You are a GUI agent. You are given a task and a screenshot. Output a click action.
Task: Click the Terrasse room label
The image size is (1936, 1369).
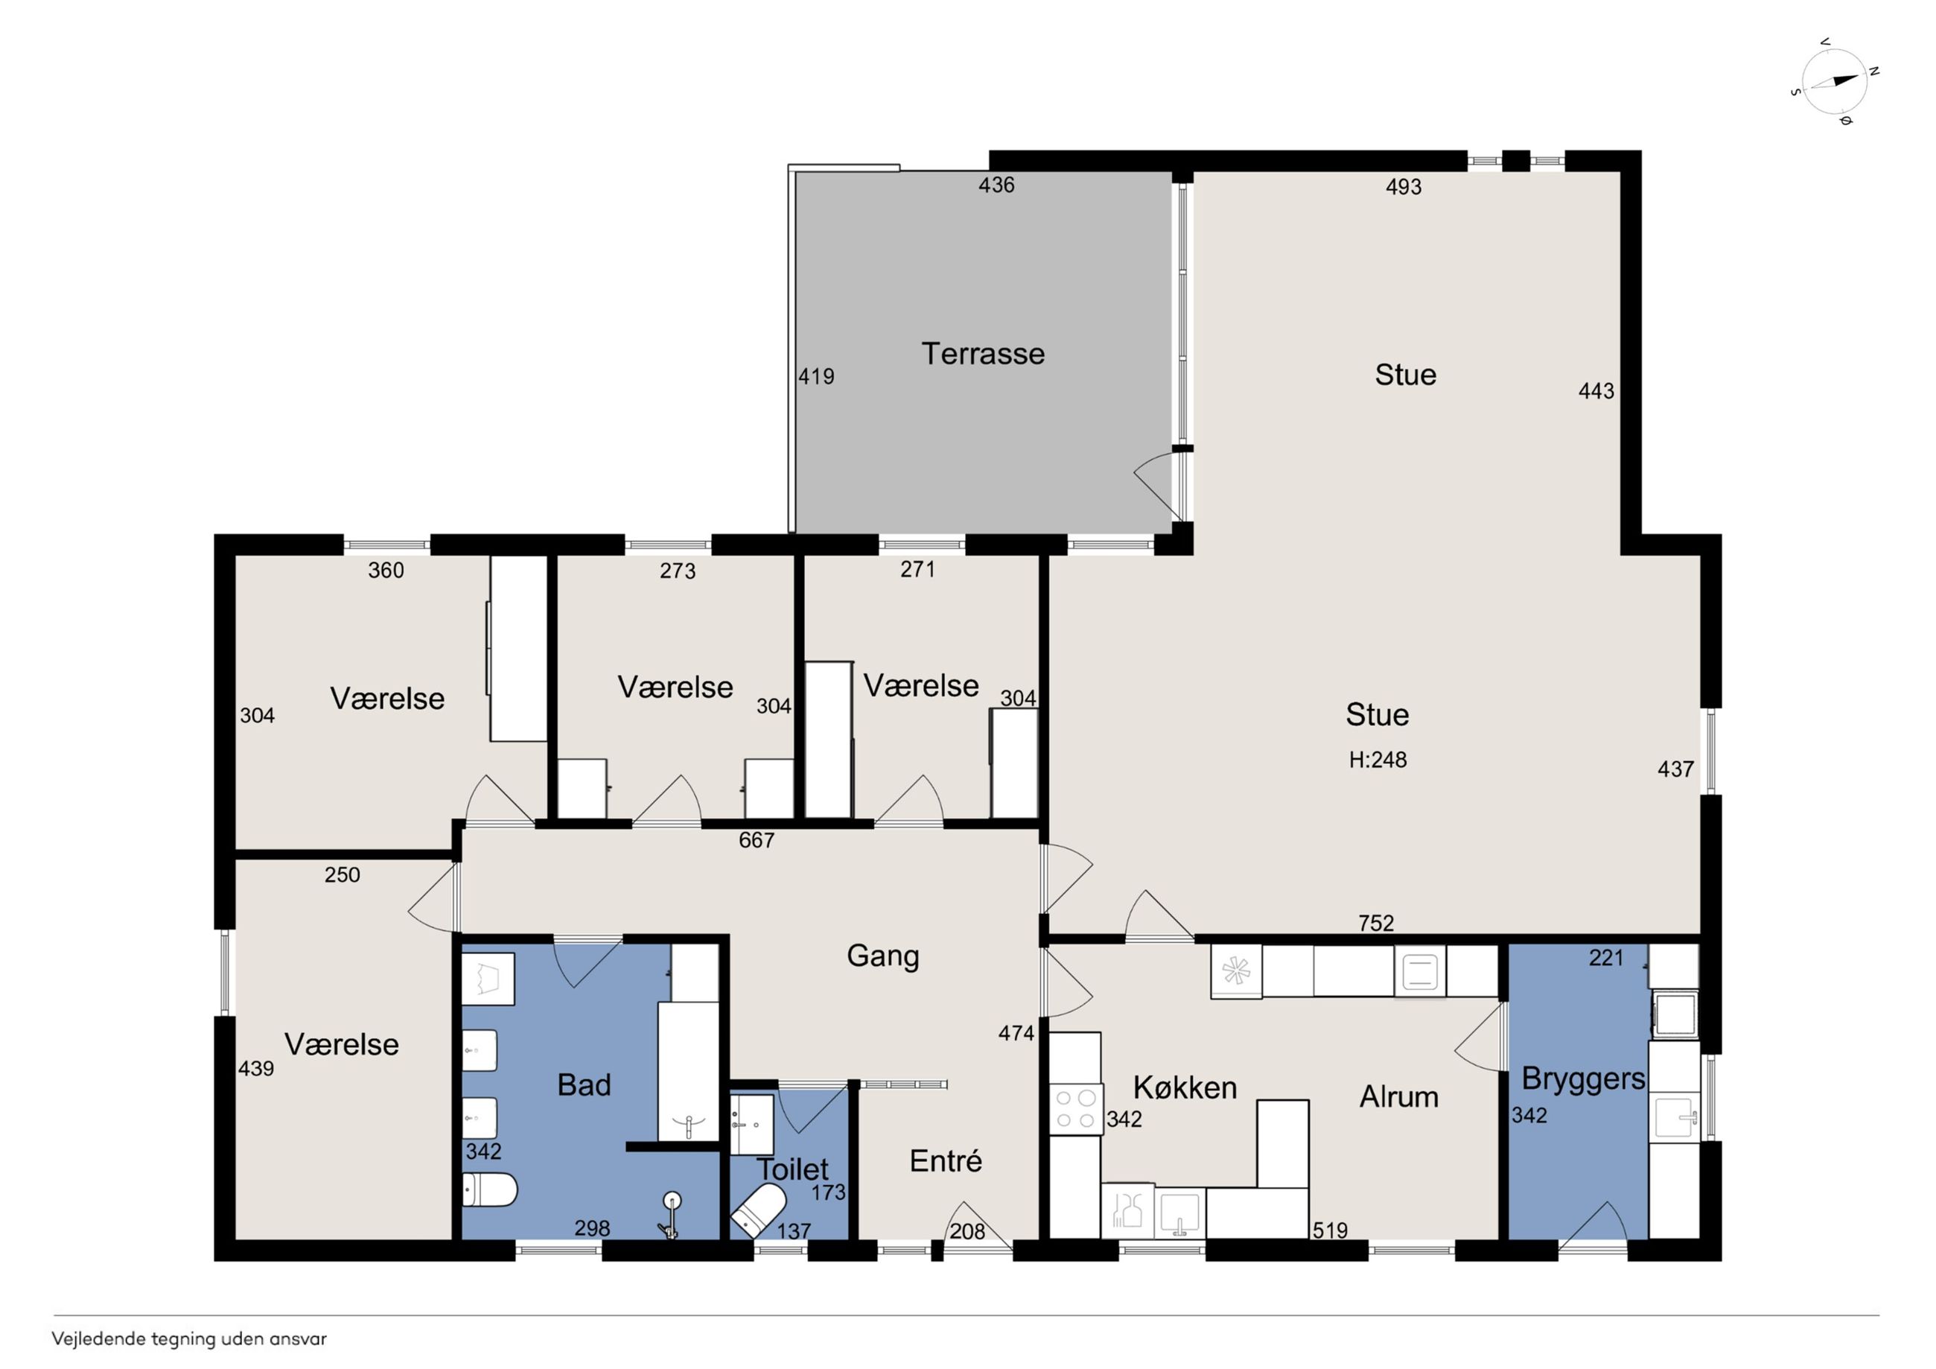click(982, 354)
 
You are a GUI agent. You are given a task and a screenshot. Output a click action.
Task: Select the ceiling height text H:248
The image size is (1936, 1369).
click(1378, 760)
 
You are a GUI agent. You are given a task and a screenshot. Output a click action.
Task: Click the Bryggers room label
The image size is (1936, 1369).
click(1583, 1079)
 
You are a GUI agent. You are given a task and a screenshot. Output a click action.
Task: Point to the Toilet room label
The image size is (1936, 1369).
click(792, 1169)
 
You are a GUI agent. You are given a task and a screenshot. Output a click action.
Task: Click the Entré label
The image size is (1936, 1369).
click(946, 1160)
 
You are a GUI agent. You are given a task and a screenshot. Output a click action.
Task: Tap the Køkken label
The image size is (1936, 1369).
click(1185, 1087)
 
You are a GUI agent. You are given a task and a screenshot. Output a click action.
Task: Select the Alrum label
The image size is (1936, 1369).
click(1399, 1096)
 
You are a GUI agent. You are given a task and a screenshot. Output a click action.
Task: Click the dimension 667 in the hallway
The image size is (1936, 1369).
click(757, 840)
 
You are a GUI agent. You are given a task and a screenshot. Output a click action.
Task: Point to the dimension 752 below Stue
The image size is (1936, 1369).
click(1376, 923)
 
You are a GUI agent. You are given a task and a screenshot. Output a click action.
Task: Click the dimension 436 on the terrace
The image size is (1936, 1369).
click(997, 185)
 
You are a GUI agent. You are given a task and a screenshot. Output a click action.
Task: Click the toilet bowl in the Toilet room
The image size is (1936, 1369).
click(758, 1210)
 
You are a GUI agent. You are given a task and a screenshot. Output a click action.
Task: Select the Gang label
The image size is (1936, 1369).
click(883, 956)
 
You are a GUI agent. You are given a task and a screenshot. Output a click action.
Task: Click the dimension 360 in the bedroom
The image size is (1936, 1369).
click(386, 571)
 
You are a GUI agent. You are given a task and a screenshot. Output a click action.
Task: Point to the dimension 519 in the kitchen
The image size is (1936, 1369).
click(1330, 1230)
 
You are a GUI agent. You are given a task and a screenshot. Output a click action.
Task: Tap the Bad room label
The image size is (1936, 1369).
click(584, 1084)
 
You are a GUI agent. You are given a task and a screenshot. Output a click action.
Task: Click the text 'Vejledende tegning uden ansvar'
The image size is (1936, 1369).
click(189, 1338)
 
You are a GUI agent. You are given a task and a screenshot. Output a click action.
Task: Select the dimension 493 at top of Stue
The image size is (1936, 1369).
click(1404, 186)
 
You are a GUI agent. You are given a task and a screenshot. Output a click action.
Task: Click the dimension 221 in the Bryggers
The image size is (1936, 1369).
click(1606, 957)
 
